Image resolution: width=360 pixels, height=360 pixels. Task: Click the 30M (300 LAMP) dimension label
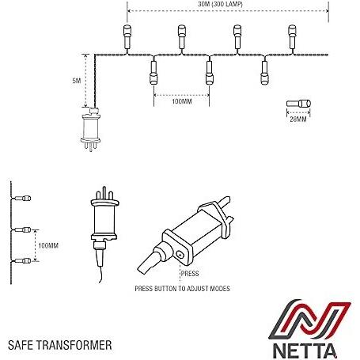pyautogui.click(x=220, y=4)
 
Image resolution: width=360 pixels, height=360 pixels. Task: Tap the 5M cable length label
pyautogui.click(x=77, y=81)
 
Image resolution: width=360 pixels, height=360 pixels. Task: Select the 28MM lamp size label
pyautogui.click(x=298, y=119)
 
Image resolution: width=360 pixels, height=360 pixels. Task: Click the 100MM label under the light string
pyautogui.click(x=182, y=101)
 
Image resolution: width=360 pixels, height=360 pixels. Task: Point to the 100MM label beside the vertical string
pyautogui.click(x=48, y=245)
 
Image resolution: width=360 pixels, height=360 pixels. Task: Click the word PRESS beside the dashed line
pyautogui.click(x=190, y=274)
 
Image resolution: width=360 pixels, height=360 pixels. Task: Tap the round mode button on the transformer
pyautogui.click(x=180, y=255)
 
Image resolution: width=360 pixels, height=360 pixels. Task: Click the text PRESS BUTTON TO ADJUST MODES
pyautogui.click(x=182, y=289)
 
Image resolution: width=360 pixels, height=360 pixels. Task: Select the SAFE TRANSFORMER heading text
pyautogui.click(x=60, y=345)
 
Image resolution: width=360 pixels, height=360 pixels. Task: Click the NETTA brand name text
pyautogui.click(x=305, y=351)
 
